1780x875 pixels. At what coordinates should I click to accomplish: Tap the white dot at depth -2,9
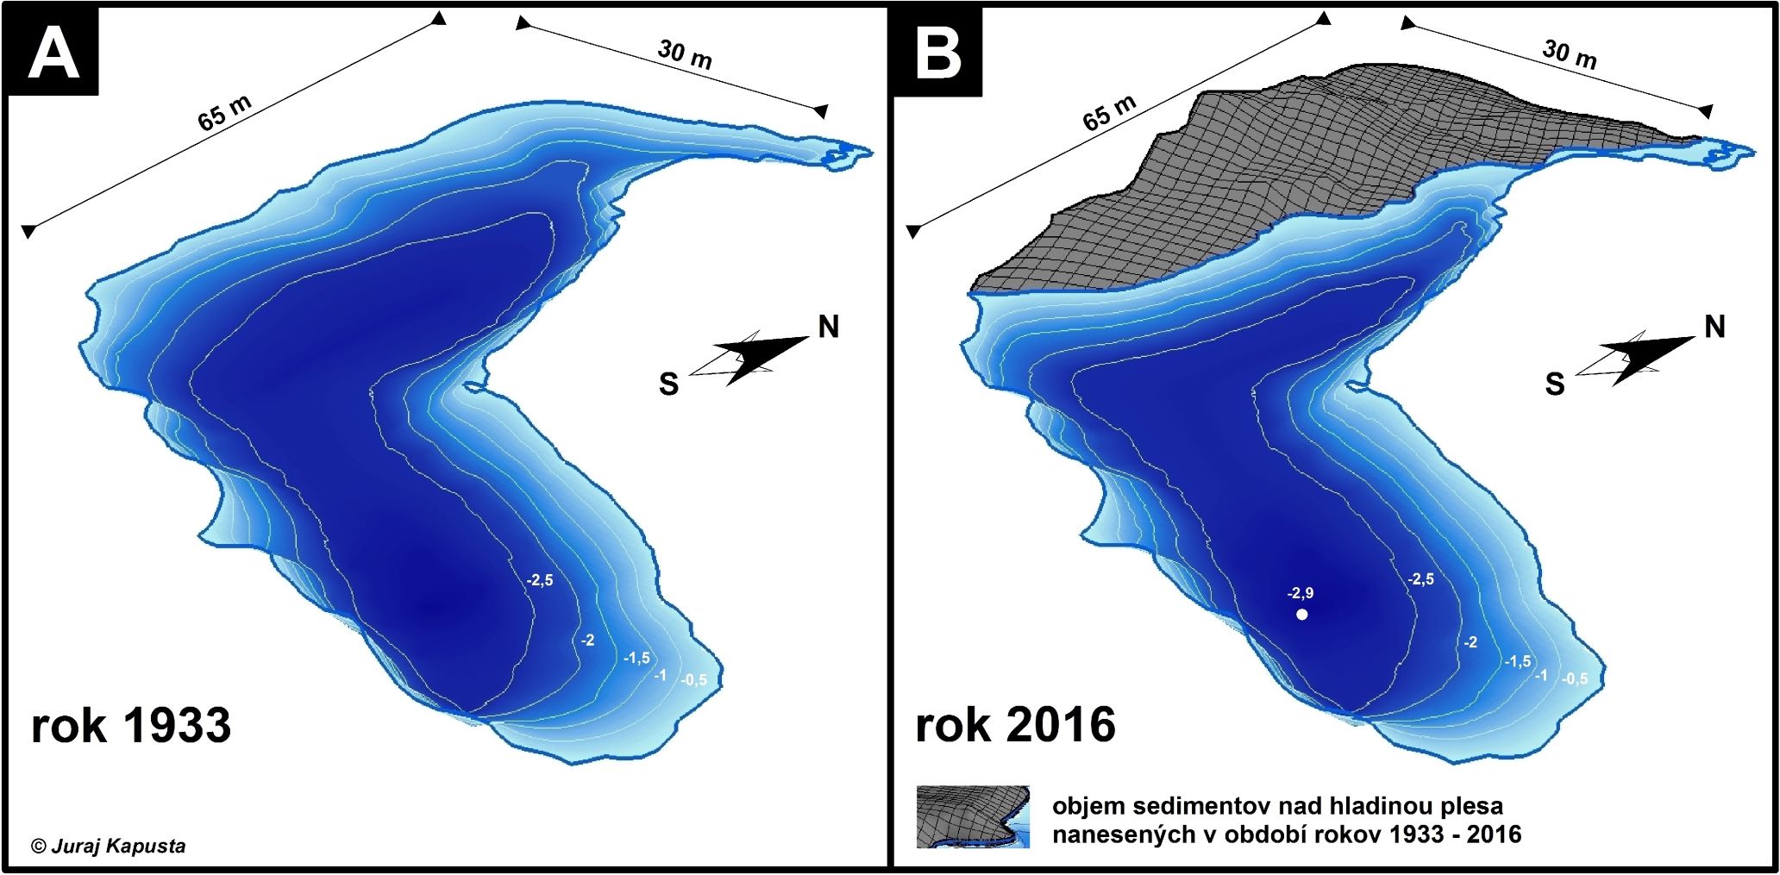pyautogui.click(x=1301, y=615)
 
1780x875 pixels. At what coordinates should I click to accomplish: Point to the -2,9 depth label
pyautogui.click(x=1301, y=593)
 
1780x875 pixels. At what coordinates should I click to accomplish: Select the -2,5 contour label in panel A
pyautogui.click(x=540, y=581)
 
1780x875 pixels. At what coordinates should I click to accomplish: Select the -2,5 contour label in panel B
pyautogui.click(x=1421, y=579)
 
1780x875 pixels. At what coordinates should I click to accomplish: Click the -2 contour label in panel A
pyautogui.click(x=587, y=641)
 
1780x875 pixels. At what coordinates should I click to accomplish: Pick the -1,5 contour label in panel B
pyautogui.click(x=1518, y=662)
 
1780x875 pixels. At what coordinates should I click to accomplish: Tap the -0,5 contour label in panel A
pyautogui.click(x=693, y=680)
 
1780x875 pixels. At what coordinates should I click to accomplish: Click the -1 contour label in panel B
pyautogui.click(x=1540, y=675)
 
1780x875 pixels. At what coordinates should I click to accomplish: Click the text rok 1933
pyautogui.click(x=131, y=726)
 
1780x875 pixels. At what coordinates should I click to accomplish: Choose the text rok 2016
pyautogui.click(x=1015, y=725)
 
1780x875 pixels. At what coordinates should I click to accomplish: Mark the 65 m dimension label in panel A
pyautogui.click(x=225, y=113)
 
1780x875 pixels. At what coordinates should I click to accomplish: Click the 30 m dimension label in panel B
pyautogui.click(x=1570, y=53)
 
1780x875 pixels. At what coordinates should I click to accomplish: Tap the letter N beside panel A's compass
pyautogui.click(x=828, y=328)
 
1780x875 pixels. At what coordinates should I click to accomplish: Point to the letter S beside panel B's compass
pyautogui.click(x=1554, y=384)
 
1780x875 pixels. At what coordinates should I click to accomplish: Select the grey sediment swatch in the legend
pyautogui.click(x=973, y=816)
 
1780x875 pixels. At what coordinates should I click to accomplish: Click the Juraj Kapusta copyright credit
pyautogui.click(x=109, y=846)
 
